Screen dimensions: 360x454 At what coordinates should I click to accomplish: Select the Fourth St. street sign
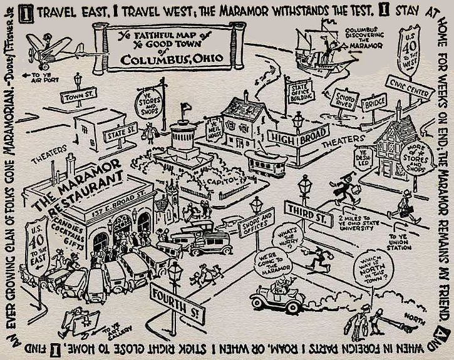177,304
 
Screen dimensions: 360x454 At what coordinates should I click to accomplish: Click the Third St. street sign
308,212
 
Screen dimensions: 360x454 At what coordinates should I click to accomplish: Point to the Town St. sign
78,96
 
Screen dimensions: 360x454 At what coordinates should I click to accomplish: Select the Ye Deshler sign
363,156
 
